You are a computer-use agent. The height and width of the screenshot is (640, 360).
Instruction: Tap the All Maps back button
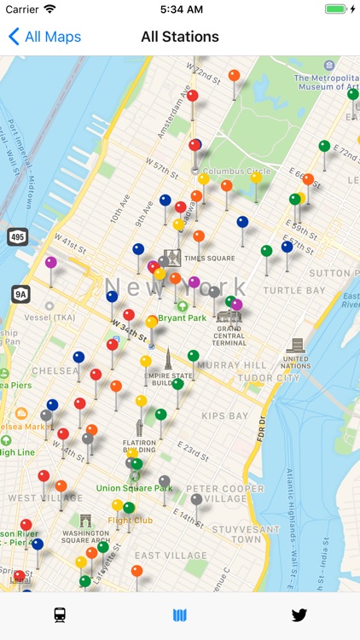[44, 37]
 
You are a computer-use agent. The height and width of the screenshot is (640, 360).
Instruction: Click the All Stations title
[180, 37]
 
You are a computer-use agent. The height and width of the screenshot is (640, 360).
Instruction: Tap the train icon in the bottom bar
[60, 615]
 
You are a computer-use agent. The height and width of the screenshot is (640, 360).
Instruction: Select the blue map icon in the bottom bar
[179, 615]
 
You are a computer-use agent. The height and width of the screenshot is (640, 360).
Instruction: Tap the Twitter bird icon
[299, 615]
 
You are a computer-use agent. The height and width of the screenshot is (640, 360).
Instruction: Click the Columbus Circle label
[235, 171]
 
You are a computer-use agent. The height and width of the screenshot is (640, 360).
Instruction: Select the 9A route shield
[20, 294]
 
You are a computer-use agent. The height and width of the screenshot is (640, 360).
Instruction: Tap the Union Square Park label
[134, 488]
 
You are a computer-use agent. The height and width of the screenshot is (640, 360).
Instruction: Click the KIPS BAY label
[224, 416]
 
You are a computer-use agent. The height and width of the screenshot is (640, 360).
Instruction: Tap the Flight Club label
[130, 520]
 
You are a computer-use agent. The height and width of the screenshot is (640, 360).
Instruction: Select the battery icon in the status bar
[339, 9]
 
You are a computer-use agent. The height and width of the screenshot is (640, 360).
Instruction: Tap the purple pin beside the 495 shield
[51, 262]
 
